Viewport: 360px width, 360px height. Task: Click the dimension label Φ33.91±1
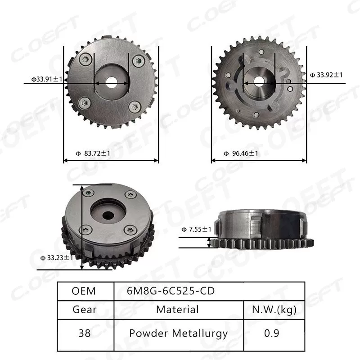(46, 79)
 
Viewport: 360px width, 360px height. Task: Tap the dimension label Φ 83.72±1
(94, 153)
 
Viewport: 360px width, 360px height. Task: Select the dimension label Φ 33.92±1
(326, 75)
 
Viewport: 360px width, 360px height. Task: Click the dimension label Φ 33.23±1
(54, 257)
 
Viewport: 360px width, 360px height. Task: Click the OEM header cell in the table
(84, 291)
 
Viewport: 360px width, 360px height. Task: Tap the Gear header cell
(84, 310)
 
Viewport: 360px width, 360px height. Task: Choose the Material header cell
(177, 310)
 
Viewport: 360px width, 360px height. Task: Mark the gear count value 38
(84, 333)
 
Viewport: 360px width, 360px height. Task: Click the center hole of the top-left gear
(112, 83)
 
